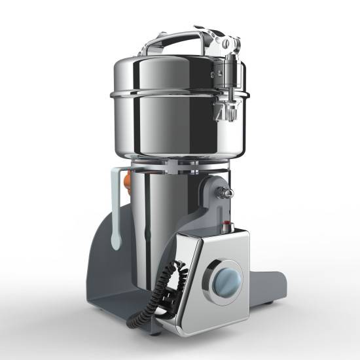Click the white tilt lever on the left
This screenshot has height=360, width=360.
(116, 209)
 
